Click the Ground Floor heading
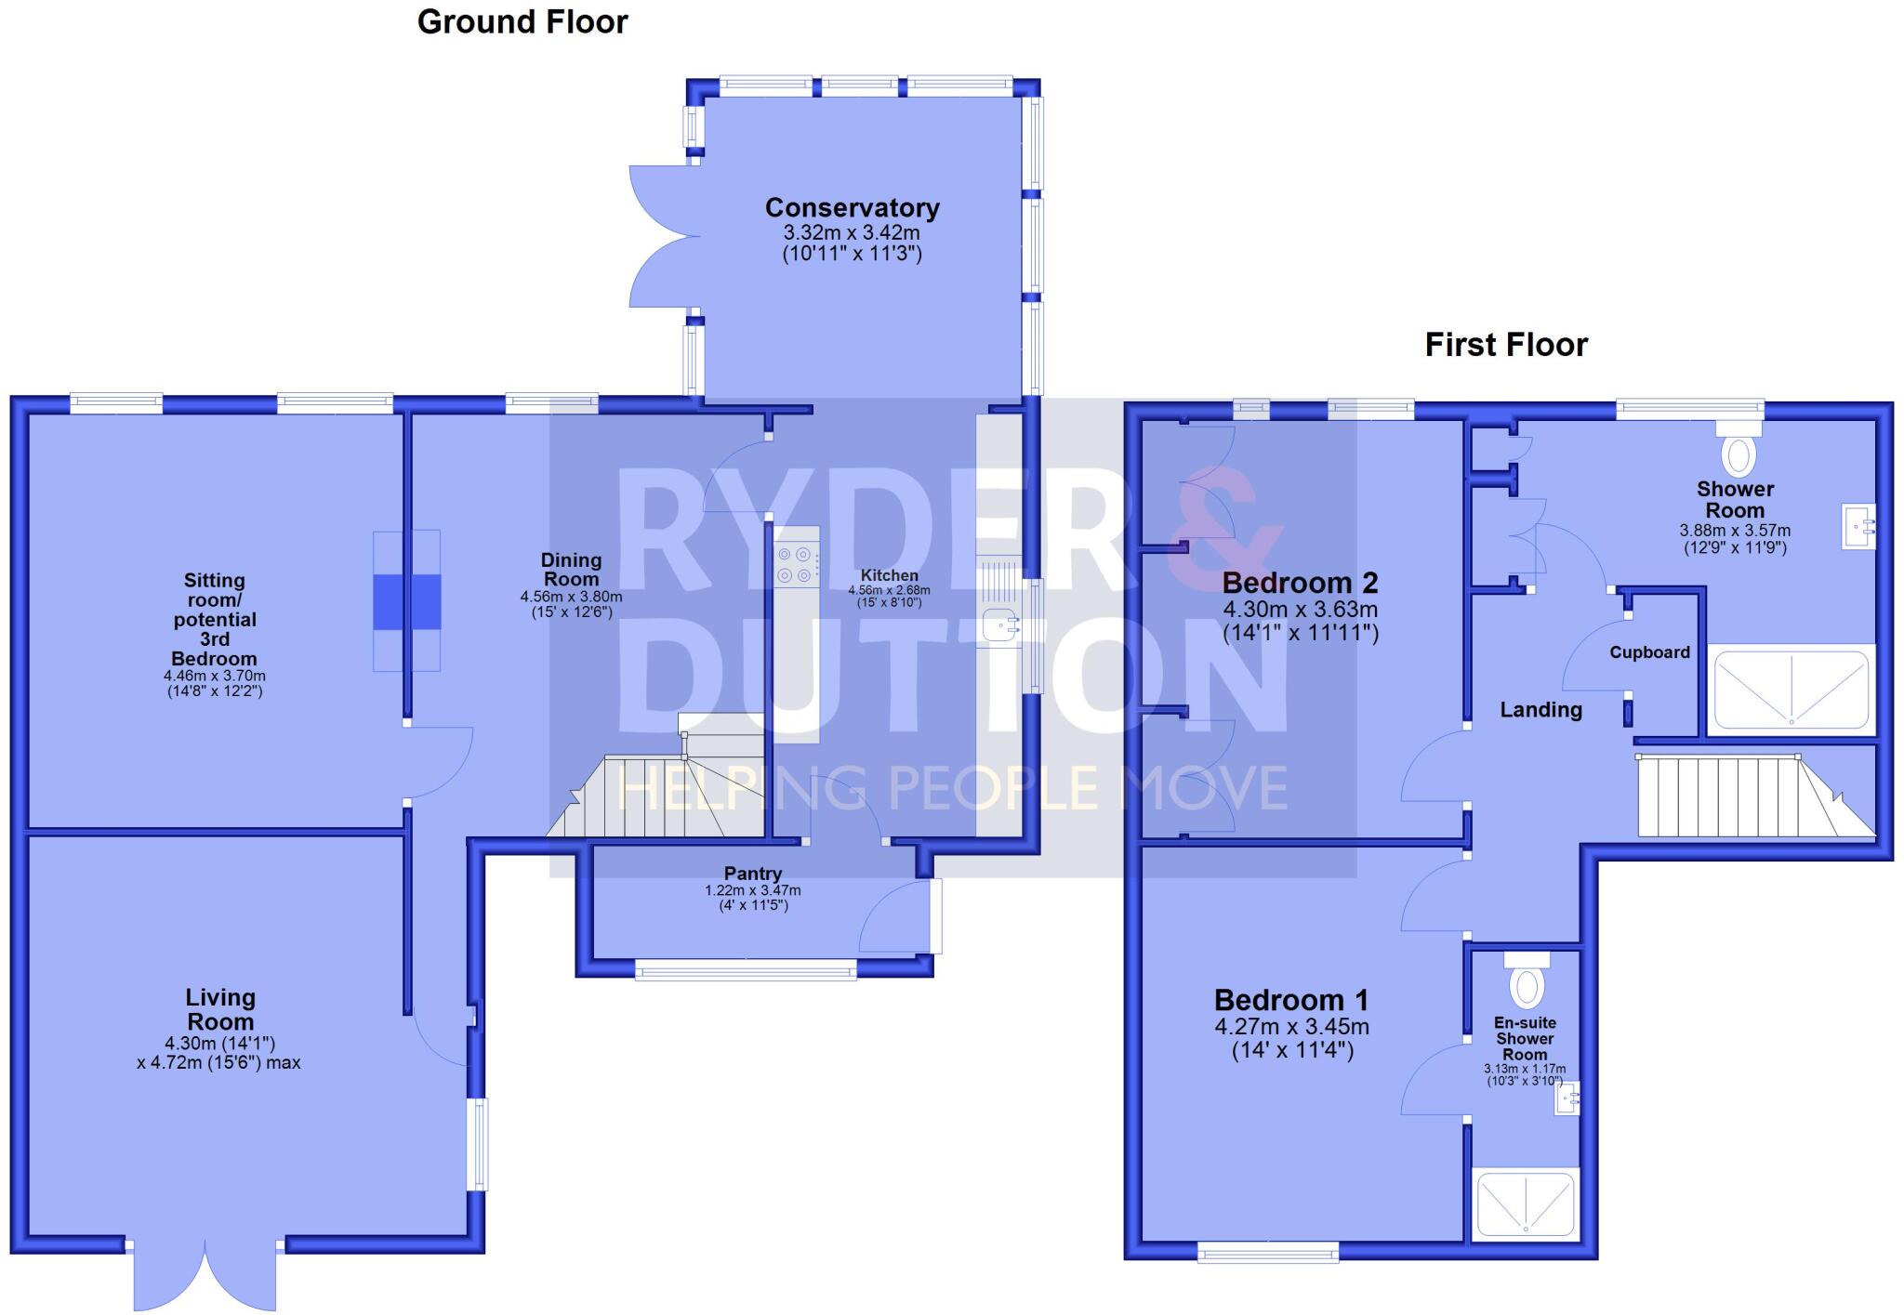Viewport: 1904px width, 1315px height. tap(522, 22)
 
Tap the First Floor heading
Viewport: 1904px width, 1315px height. tap(1506, 345)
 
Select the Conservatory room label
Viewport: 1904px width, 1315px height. tap(852, 208)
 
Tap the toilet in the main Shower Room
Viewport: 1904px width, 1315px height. tap(1739, 453)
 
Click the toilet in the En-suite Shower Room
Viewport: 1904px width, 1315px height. tap(1527, 983)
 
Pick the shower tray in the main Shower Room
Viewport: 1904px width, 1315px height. tap(1791, 690)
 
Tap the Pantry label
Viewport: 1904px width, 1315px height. tap(753, 874)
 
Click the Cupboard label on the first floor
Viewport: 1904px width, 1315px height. tap(1649, 652)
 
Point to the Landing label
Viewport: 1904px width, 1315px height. tap(1540, 710)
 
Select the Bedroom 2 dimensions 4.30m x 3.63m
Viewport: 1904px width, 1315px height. tap(1300, 611)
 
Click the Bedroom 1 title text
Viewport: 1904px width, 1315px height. tap(1291, 1001)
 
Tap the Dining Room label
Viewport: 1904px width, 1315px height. tap(571, 569)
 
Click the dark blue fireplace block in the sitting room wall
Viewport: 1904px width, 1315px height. tap(407, 601)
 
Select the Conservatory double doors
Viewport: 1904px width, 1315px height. tap(665, 236)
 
